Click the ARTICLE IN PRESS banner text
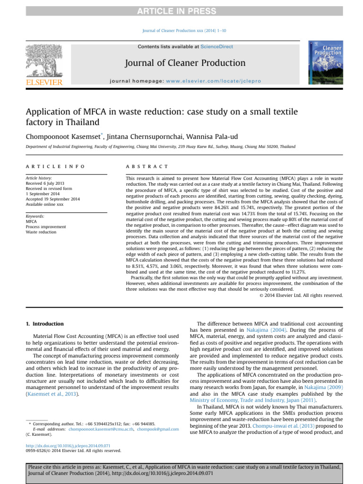181,11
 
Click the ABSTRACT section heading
147,166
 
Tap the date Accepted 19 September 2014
53,199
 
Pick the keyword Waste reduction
41,232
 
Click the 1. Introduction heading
44,324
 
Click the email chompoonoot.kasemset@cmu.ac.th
98,429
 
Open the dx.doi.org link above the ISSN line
68,445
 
